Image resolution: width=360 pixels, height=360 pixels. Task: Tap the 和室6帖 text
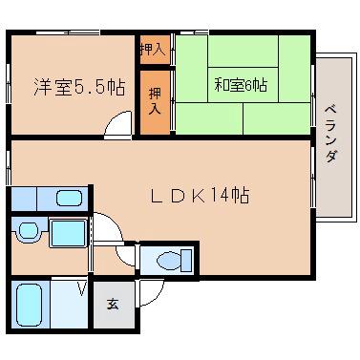pyautogui.click(x=240, y=85)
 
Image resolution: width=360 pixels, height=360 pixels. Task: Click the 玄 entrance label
pyautogui.click(x=113, y=305)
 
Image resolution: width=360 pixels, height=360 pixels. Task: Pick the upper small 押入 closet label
pyautogui.click(x=152, y=49)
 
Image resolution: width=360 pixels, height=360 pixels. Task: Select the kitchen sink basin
pyautogui.click(x=69, y=199)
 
